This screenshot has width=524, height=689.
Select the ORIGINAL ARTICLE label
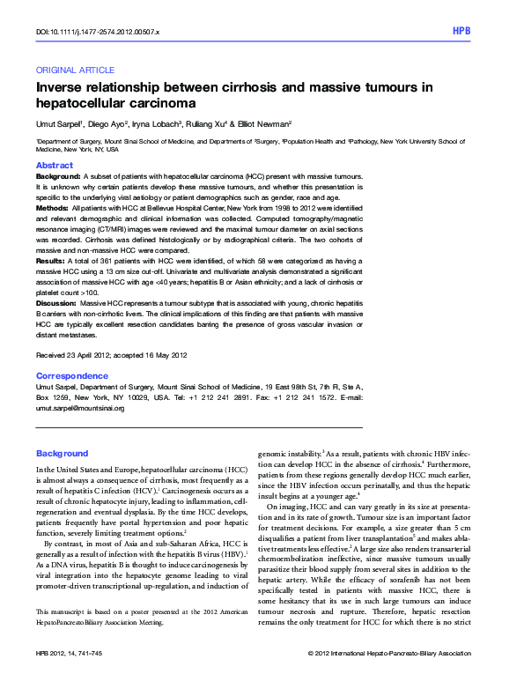coord(75,70)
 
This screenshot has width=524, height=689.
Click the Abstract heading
coord(54,165)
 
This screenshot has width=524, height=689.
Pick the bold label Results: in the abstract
coord(50,262)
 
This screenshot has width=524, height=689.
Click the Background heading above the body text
coord(62,453)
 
